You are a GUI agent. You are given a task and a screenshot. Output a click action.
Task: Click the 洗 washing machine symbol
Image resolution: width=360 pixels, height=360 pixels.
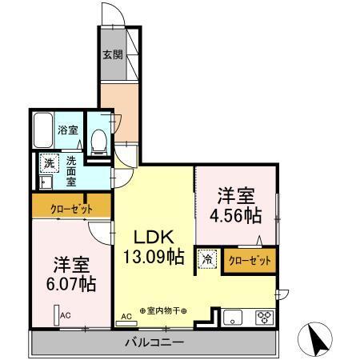coord(50,163)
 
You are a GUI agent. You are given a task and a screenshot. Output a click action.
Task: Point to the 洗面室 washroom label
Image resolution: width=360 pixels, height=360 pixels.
coord(72,170)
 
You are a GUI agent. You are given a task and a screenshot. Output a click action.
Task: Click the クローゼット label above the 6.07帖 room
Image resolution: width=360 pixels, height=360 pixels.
coord(71,209)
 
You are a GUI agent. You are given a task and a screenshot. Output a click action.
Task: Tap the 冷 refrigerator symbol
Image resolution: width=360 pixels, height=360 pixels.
coord(207,259)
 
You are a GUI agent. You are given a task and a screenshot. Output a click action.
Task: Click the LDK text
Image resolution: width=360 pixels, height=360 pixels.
coord(153,238)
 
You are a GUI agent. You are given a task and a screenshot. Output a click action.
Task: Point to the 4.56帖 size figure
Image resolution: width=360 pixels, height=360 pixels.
coord(235,215)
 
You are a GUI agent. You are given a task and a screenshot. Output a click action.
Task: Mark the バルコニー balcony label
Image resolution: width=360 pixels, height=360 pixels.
coord(154,343)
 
